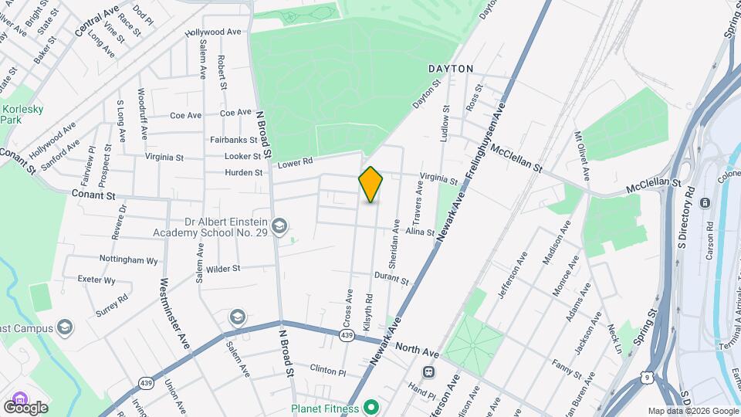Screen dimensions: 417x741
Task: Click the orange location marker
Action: pyautogui.click(x=371, y=185)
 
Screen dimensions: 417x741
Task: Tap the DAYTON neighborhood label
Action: pyautogui.click(x=451, y=69)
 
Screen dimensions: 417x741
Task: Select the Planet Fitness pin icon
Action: pyautogui.click(x=370, y=406)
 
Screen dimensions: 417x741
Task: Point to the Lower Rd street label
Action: pyautogui.click(x=295, y=162)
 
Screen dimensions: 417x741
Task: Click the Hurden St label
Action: pyautogui.click(x=242, y=172)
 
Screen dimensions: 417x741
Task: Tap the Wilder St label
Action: pyautogui.click(x=224, y=269)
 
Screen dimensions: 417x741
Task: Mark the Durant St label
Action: pyautogui.click(x=391, y=278)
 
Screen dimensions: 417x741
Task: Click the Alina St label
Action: pyautogui.click(x=421, y=232)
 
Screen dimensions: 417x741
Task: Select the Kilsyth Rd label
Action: pyautogui.click(x=369, y=307)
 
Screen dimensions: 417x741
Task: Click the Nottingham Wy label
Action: pyautogui.click(x=129, y=260)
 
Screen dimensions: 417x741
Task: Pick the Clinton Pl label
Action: pyautogui.click(x=329, y=370)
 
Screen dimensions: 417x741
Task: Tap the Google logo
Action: pyautogui.click(x=25, y=407)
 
